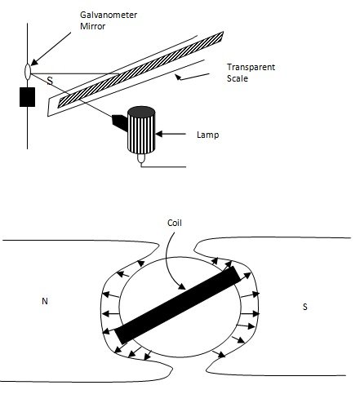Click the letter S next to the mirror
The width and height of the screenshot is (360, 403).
(50, 80)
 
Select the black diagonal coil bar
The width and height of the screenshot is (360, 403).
(179, 304)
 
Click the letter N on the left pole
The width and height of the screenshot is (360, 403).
(42, 302)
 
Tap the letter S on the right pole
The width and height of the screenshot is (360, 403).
(304, 308)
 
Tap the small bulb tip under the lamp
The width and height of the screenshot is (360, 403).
(142, 158)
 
